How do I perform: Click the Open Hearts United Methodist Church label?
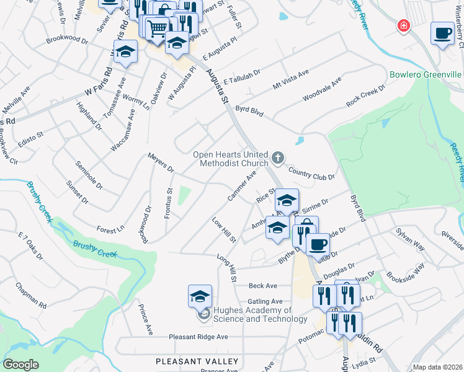coord(230,159)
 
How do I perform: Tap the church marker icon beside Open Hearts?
coord(278,157)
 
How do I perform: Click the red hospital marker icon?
coord(403,26)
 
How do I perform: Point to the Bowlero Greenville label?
coord(426,75)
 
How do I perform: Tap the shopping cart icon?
coord(158,27)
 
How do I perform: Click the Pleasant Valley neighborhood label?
coord(197,361)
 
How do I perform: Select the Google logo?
coord(20,365)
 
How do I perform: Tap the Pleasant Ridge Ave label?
coord(199,337)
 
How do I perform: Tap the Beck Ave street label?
coord(262,286)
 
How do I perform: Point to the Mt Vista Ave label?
coord(291,81)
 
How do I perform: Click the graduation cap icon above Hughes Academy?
coord(200,296)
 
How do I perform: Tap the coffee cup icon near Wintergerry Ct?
coord(443,32)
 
